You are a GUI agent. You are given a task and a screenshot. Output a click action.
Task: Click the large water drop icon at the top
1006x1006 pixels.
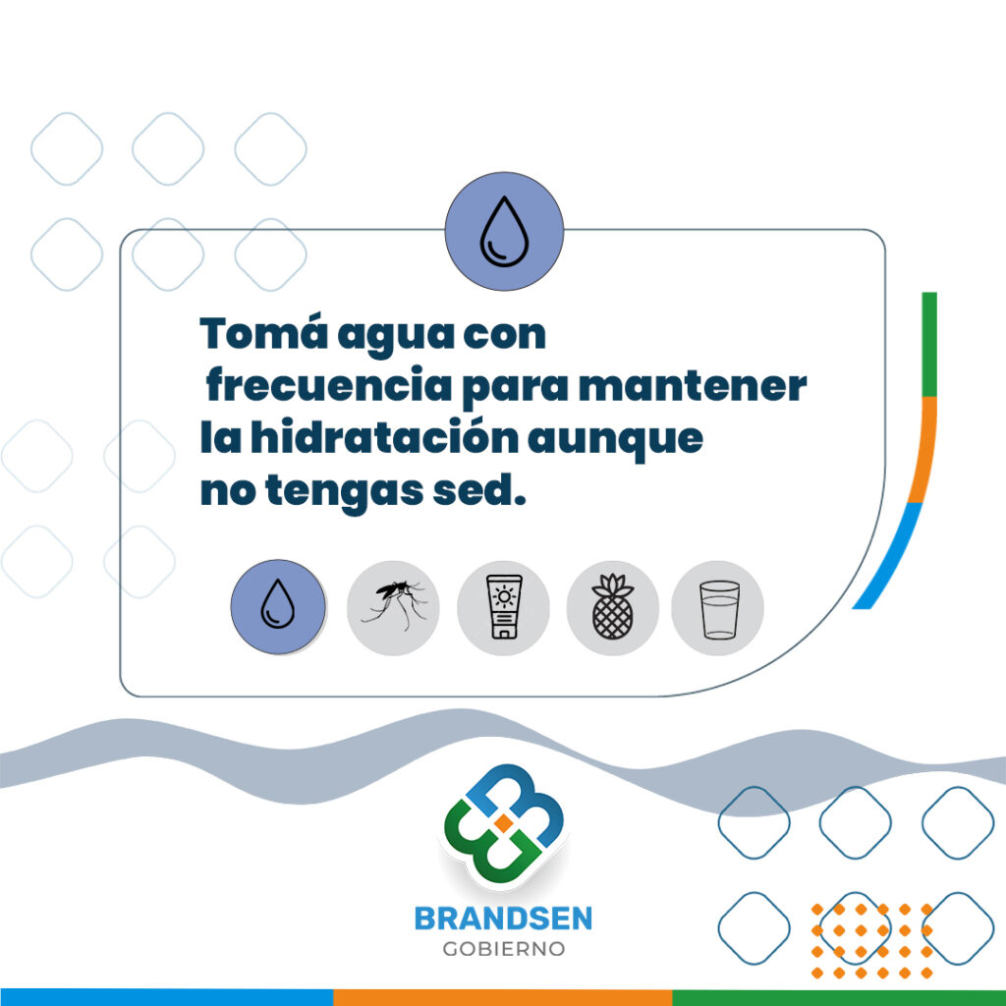[504, 231]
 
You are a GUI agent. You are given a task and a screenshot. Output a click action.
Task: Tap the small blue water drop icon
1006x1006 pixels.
[278, 606]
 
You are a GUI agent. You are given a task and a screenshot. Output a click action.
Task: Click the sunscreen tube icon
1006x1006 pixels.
[504, 607]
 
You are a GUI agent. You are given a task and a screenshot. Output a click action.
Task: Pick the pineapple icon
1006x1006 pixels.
[613, 607]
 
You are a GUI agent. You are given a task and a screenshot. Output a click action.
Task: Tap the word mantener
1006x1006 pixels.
[693, 386]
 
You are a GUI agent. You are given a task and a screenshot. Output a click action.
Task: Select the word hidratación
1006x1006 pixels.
[384, 437]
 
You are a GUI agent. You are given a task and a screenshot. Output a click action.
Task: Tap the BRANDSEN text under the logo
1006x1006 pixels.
[504, 919]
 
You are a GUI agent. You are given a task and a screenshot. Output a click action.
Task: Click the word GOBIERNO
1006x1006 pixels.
[504, 949]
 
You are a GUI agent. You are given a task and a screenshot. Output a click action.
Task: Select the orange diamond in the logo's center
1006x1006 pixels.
[504, 822]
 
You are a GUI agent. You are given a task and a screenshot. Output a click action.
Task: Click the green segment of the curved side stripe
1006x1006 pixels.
[929, 345]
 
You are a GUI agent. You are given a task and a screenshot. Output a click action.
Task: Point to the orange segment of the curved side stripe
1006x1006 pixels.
[924, 450]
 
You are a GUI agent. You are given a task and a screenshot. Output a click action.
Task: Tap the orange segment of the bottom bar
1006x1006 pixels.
[503, 998]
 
